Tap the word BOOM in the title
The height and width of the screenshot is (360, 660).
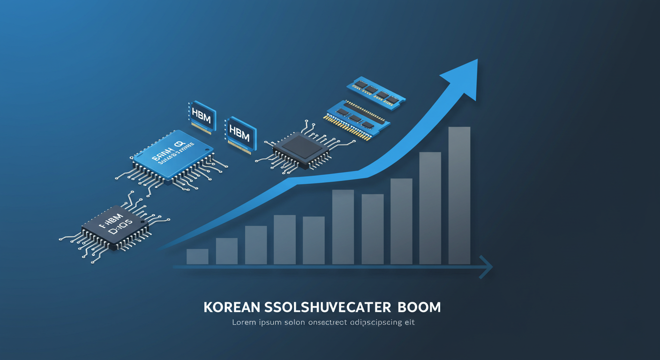(x=419, y=307)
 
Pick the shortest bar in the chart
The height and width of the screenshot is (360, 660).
(x=197, y=256)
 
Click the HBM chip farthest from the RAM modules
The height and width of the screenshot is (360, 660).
(x=202, y=115)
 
